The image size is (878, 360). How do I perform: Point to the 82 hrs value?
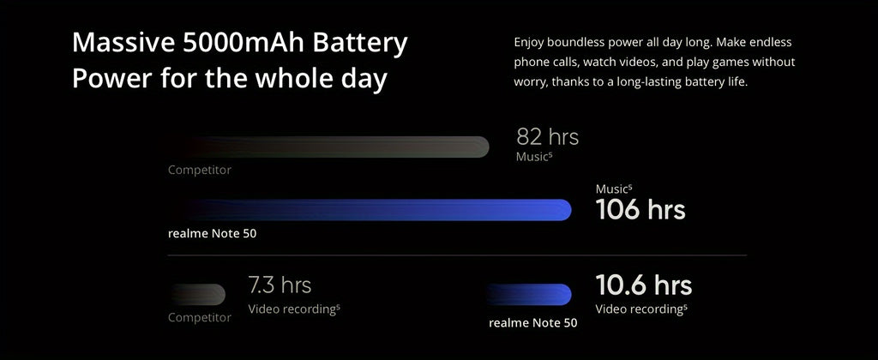547,136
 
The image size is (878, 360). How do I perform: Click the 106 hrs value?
640,209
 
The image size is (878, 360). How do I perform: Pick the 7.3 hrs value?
280,285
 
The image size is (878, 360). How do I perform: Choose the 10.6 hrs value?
643,285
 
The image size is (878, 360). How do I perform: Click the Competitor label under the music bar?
199,170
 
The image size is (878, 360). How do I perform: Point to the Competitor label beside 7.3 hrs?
199,318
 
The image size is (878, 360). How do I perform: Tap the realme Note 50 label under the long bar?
212,233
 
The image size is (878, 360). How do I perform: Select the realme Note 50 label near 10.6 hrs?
532,323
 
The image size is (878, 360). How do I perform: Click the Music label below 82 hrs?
532,157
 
